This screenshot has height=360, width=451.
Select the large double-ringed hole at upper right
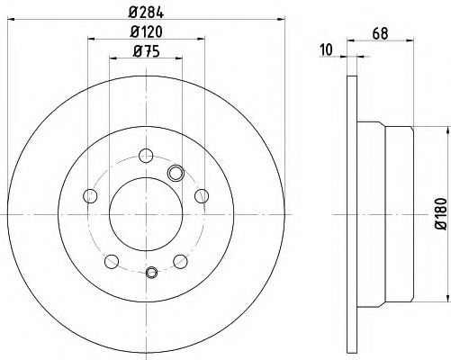[176, 173]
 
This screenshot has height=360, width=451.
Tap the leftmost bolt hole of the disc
[87, 194]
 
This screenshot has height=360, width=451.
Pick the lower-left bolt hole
[111, 262]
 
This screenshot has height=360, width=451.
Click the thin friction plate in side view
[351, 214]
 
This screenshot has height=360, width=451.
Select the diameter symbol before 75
[135, 51]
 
